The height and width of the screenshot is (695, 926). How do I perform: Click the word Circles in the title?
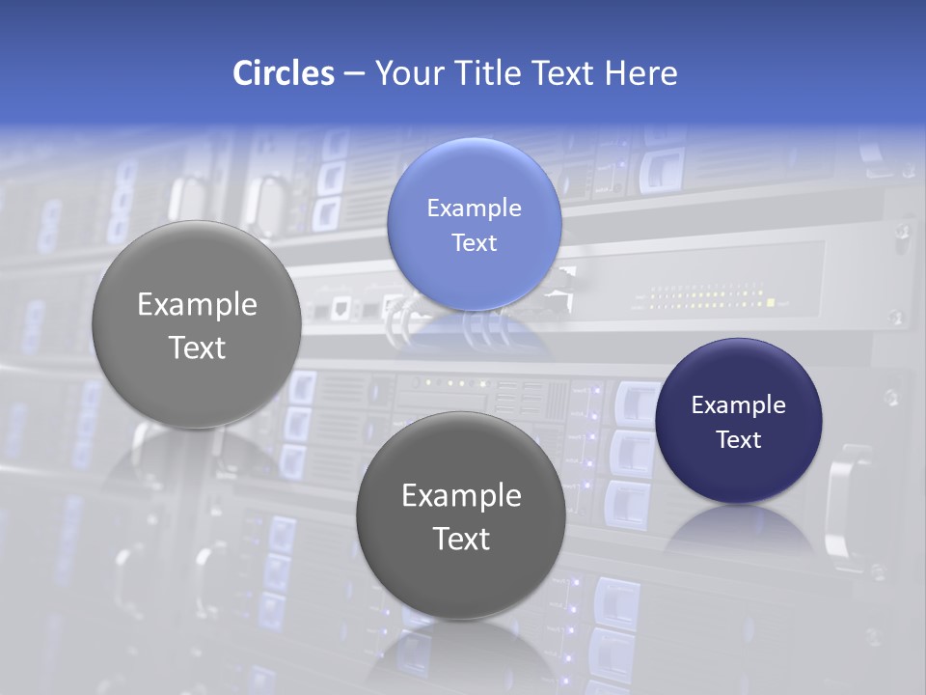coord(284,73)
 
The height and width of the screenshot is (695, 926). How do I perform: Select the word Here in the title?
coord(641,73)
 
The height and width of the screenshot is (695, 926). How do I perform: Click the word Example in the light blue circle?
coord(474,208)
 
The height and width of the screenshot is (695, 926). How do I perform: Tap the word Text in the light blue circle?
coord(474,243)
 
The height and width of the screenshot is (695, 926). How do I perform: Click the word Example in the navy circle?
coord(738,405)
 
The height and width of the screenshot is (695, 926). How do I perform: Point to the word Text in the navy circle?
coord(738,440)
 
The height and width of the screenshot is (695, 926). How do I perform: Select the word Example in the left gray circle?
coord(197,305)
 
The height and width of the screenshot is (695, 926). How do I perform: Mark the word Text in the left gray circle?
coord(197,347)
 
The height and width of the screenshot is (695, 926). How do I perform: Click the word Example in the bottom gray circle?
coord(461,496)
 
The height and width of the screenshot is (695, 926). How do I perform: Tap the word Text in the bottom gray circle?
coord(461,539)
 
